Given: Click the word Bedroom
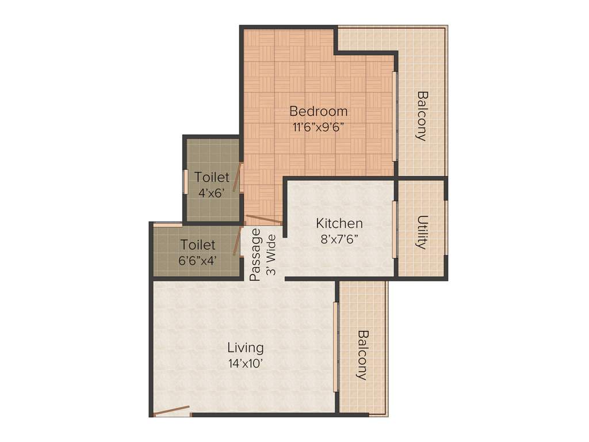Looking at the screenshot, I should tap(318, 111).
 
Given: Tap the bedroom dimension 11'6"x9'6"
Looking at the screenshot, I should tap(318, 128).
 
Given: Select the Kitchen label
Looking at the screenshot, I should tap(339, 223).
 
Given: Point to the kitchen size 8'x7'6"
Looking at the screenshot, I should tap(339, 239).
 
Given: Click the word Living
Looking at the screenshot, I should tap(246, 348).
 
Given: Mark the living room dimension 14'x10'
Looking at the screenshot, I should tap(246, 364).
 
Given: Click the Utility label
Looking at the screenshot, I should tap(422, 232).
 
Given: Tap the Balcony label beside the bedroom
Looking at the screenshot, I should tap(422, 116).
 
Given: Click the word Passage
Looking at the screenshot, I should tap(256, 254).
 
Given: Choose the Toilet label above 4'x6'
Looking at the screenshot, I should tap(212, 177).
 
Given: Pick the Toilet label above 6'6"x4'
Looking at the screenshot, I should tap(198, 245).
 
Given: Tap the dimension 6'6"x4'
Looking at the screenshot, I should tap(198, 260).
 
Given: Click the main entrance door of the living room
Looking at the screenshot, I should tap(173, 410).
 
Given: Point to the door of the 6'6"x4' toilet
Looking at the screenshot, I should tap(237, 241).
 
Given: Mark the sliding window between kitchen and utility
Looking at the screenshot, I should tap(395, 229).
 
